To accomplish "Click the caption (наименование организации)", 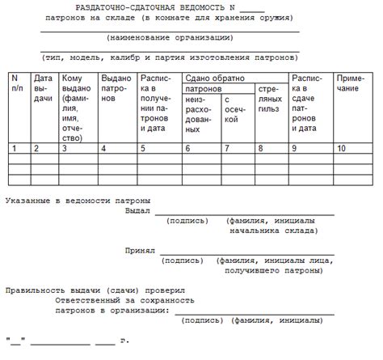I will click(x=170, y=37).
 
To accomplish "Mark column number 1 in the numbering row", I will click(x=15, y=148).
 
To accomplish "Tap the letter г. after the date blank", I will click(x=124, y=340).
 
